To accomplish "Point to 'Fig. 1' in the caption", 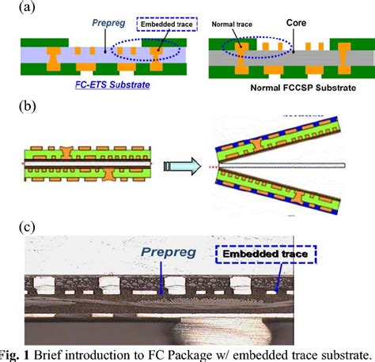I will point(17,353).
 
